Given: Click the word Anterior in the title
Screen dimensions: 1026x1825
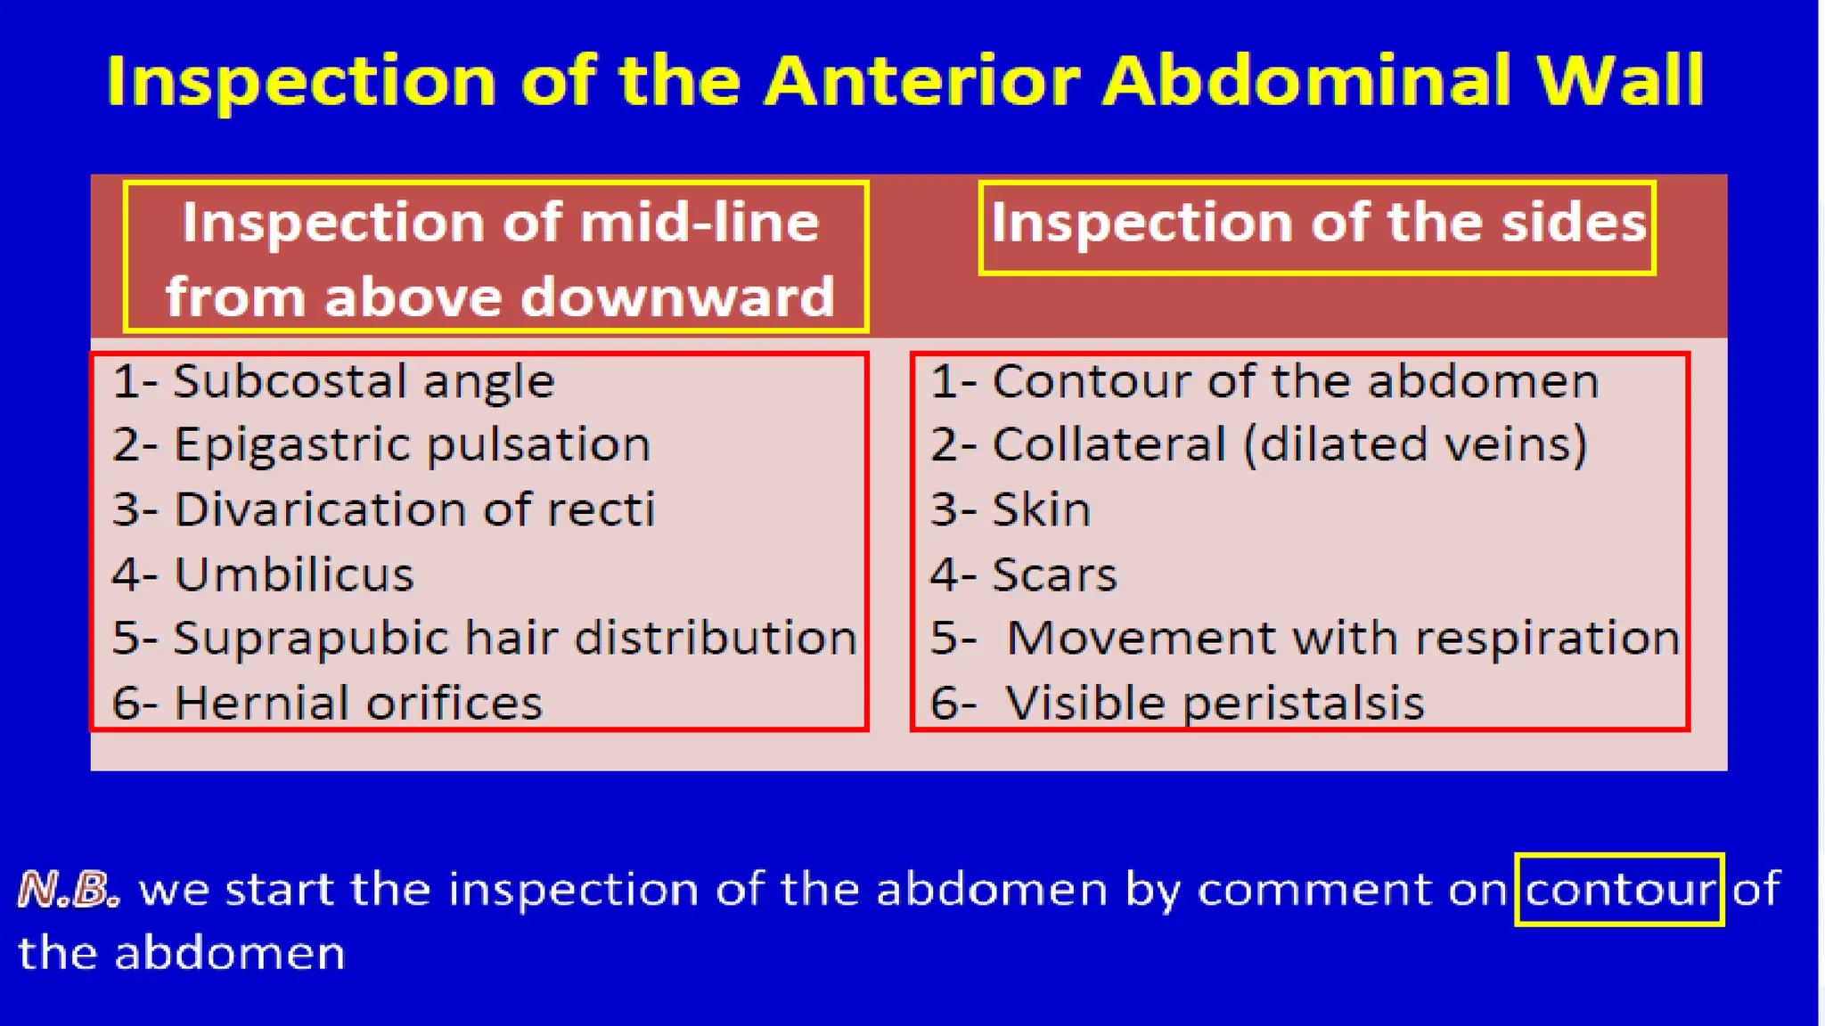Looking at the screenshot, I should coord(921,81).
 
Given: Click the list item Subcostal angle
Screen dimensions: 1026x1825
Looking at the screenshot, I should coord(364,381).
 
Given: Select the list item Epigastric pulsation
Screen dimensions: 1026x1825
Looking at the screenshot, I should coord(412,444).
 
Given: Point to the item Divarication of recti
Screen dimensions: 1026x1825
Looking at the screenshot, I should coord(414,509).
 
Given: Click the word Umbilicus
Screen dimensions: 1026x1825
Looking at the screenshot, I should coord(294,574).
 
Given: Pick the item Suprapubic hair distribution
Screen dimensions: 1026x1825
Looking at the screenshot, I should coord(514,639).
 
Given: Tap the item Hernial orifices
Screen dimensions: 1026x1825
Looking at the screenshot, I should coord(357,703).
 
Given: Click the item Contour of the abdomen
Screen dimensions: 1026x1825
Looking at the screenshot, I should coord(1295,381).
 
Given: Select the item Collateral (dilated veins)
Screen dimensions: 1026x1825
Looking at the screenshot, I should coord(1289,444).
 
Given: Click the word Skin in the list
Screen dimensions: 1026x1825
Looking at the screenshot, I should coord(1041,509).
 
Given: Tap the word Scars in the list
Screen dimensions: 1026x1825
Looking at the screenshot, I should coord(1054,574).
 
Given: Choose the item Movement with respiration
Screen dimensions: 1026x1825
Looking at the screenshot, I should coord(1342,639).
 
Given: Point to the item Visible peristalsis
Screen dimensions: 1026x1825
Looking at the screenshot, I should coord(1215,703).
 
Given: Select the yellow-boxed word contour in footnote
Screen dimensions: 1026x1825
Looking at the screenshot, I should coord(1619,889).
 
